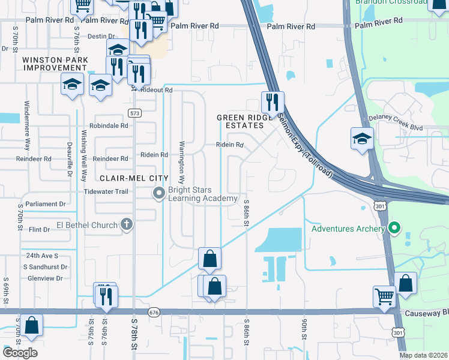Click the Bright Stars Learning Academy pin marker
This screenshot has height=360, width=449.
(159, 193)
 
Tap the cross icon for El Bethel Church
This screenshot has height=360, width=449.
(127, 224)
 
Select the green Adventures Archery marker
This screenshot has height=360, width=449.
(394, 228)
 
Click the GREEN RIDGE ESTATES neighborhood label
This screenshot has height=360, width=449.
(241, 122)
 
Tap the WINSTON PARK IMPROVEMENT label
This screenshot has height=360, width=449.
(55, 64)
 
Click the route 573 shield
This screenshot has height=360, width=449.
(134, 112)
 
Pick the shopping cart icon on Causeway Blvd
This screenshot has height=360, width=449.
(384, 295)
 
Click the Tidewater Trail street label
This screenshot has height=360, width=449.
(106, 191)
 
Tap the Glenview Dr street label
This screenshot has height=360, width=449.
(42, 278)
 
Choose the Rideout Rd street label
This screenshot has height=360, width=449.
(158, 90)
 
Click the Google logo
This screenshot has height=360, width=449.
(20, 353)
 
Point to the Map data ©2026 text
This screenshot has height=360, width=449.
(423, 355)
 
